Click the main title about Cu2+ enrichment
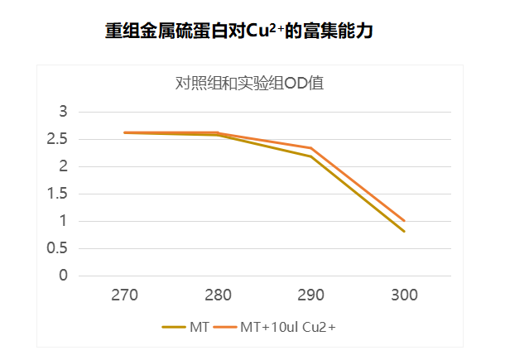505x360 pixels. tap(239, 31)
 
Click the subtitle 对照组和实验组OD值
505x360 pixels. tap(254, 83)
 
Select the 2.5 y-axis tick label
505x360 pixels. tap(57, 139)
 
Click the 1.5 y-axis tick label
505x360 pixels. tap(57, 194)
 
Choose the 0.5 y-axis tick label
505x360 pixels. tap(57, 248)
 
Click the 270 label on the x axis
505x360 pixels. tap(124, 295)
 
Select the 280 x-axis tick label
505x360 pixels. tap(218, 295)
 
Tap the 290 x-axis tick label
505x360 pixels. tap(311, 295)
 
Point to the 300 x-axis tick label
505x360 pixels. tap(404, 295)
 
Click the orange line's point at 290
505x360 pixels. tap(311, 148)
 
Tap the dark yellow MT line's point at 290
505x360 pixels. tap(311, 156)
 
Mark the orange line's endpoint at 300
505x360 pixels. tap(404, 221)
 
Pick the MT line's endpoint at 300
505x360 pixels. tap(404, 231)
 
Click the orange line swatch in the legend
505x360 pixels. tap(224, 328)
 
